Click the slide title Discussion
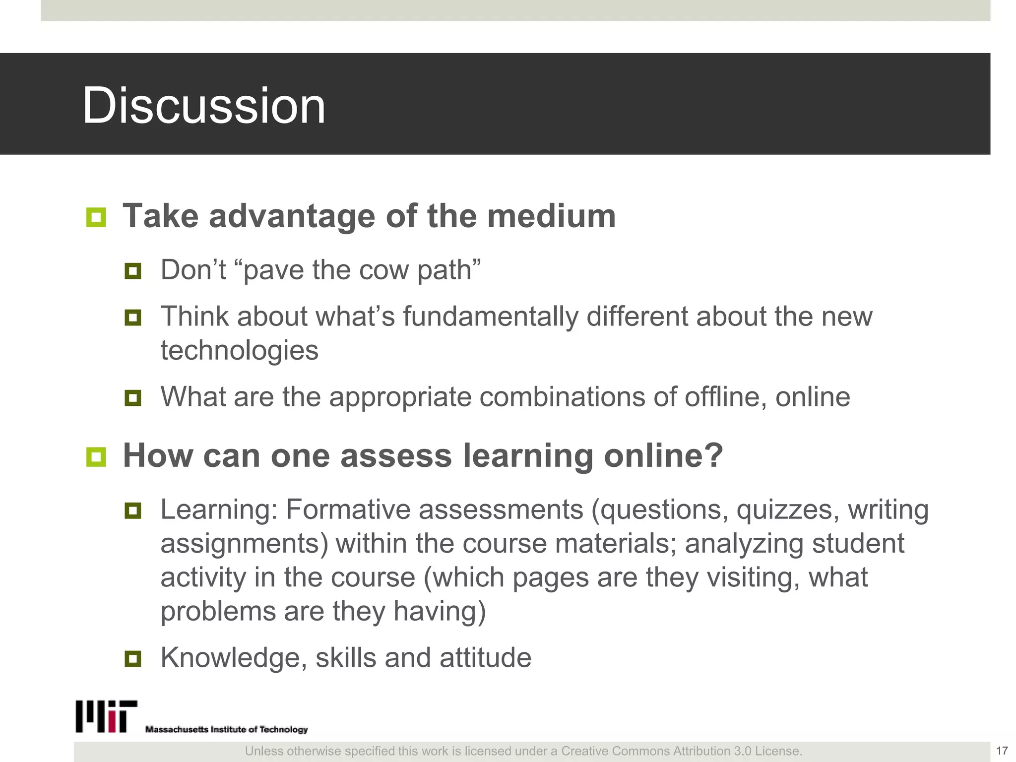[203, 105]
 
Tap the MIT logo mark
[106, 716]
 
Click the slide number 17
[1002, 751]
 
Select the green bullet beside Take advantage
[96, 217]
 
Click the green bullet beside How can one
[96, 457]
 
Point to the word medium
[551, 216]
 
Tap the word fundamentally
[490, 317]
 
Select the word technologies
[239, 350]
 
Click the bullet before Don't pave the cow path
[133, 271]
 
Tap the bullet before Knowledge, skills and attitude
[133, 659]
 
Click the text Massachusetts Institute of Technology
[226, 729]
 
